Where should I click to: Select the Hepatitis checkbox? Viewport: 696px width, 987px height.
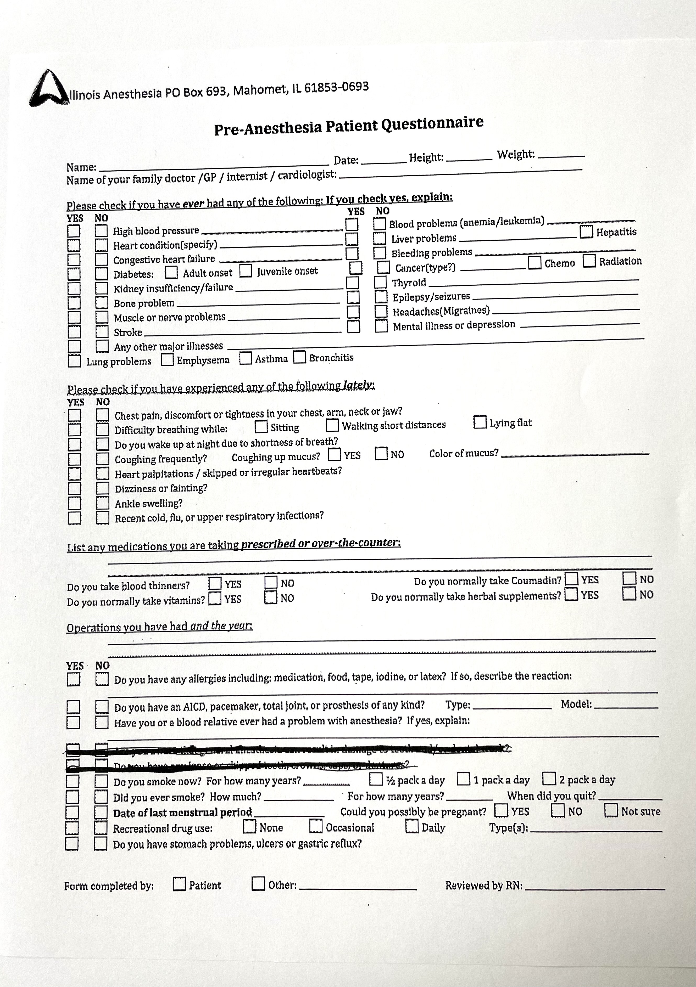(586, 232)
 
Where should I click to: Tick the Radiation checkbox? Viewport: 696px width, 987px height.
(589, 261)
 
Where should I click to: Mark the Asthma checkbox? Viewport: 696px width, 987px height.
(246, 358)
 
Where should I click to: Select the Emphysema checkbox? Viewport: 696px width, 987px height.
(167, 360)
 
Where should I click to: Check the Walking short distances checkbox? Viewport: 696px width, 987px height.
(332, 425)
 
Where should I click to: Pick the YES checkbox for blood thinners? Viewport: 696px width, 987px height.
(215, 583)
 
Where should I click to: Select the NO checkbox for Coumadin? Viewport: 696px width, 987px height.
(629, 579)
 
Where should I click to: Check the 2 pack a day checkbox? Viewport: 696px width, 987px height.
(549, 779)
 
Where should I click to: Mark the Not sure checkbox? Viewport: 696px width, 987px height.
(611, 810)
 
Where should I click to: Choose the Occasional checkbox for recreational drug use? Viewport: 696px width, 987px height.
(316, 826)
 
